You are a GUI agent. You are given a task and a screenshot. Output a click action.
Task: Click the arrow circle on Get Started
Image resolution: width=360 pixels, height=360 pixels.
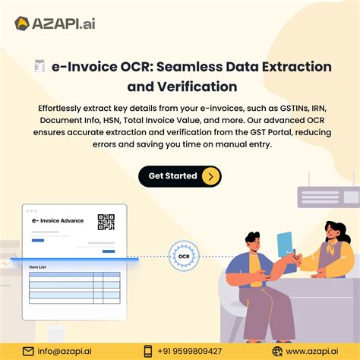[211, 176]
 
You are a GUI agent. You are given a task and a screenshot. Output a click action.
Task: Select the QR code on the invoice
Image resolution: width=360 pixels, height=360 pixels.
[106, 222]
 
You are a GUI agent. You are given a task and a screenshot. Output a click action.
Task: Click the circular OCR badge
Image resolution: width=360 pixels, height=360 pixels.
[183, 257]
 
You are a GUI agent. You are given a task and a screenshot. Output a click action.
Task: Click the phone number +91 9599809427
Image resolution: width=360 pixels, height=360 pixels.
[194, 350]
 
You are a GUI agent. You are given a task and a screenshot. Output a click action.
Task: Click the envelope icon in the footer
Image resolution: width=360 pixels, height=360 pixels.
[28, 350]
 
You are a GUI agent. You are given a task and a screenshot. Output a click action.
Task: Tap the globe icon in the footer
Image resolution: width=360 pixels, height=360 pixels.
[278, 350]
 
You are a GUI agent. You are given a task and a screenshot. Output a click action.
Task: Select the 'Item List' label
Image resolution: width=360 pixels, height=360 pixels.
[39, 267]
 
